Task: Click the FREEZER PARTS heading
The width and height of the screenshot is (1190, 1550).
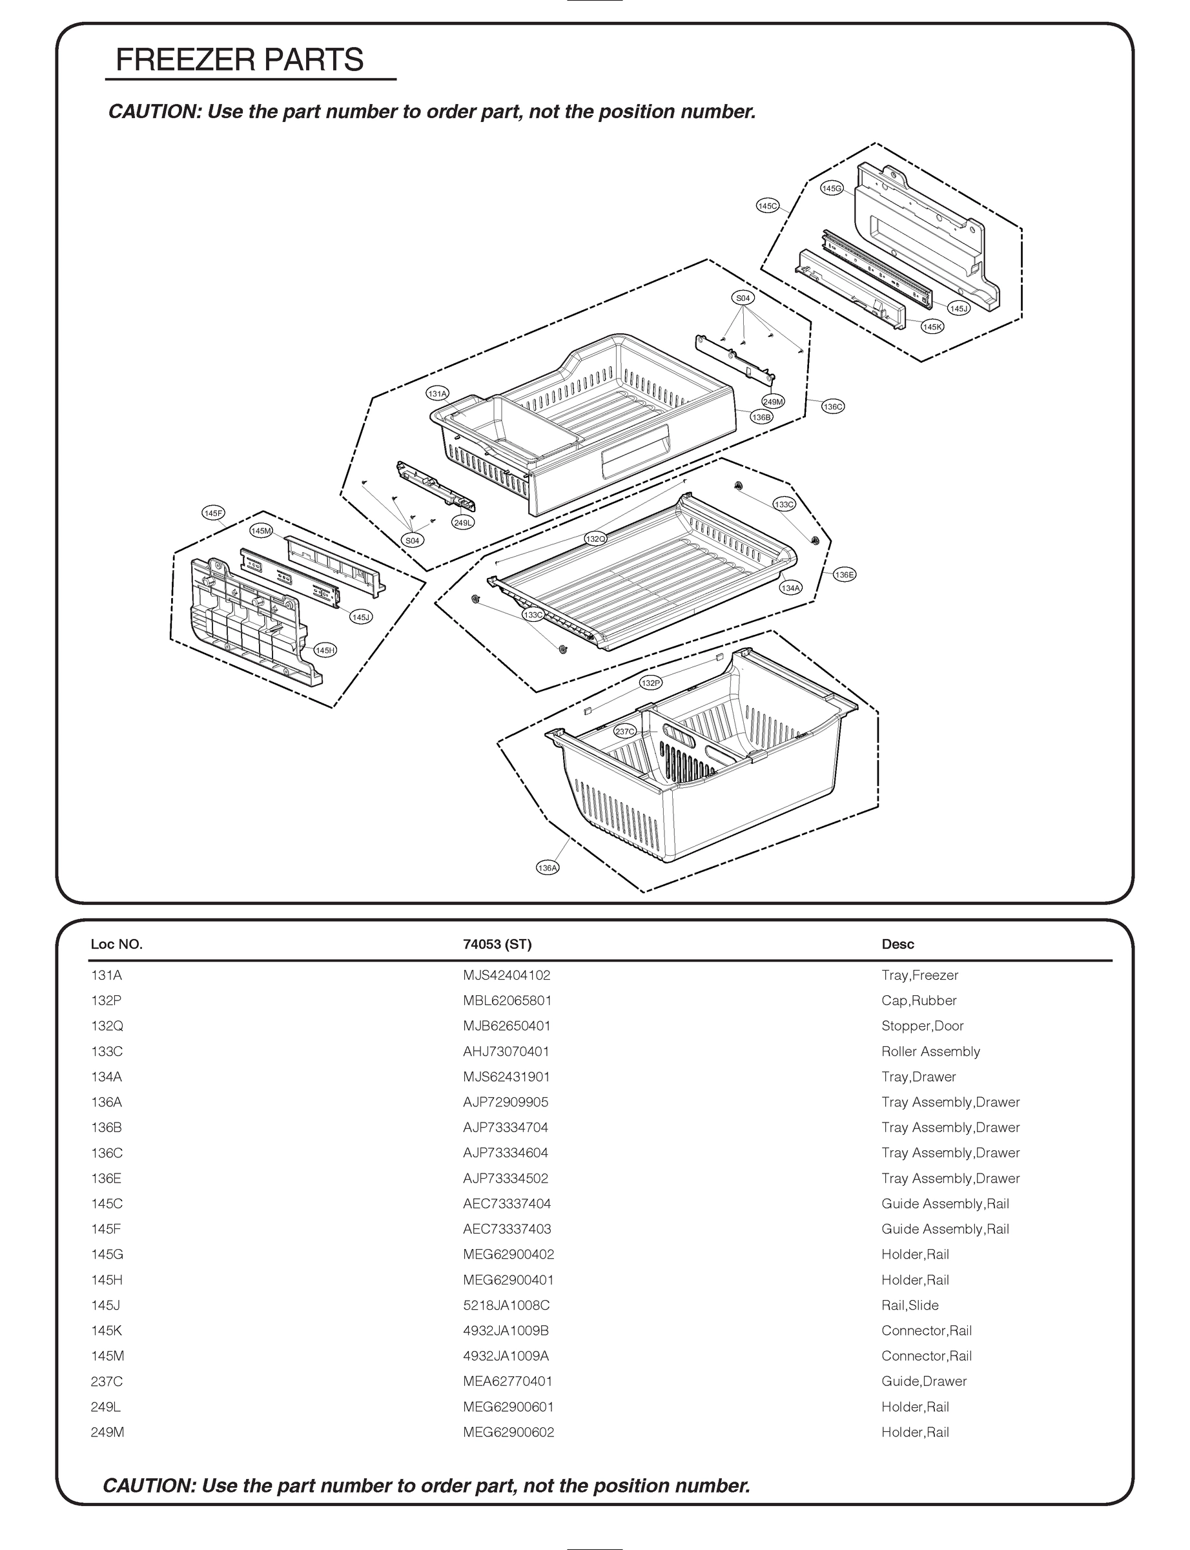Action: [x=240, y=60]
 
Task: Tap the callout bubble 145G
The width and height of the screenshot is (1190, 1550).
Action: [x=832, y=189]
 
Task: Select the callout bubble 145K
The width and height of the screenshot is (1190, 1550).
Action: [x=932, y=327]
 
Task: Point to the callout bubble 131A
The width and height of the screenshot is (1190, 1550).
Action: [x=437, y=394]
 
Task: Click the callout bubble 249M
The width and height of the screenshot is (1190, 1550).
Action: [x=773, y=402]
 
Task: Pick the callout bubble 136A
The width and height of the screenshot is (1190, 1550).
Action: [x=548, y=868]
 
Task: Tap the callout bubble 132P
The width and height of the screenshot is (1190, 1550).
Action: [x=650, y=683]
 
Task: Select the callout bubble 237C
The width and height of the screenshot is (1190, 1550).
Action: [x=625, y=732]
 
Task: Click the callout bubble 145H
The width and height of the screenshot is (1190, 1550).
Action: [x=325, y=650]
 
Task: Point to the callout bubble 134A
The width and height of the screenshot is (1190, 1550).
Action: [x=790, y=588]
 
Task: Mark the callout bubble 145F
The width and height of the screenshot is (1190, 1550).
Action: [x=213, y=513]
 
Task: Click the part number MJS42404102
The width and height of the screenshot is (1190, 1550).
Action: [x=506, y=975]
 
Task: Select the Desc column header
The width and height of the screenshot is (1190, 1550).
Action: [x=898, y=944]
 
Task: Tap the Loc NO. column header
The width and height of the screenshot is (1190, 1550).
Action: [x=116, y=944]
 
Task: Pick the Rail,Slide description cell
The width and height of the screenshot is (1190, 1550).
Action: [x=910, y=1305]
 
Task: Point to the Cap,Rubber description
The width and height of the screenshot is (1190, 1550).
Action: [x=919, y=1000]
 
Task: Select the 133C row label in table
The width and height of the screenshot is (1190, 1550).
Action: [x=107, y=1051]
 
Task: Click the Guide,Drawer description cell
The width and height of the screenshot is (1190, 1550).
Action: [x=924, y=1381]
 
